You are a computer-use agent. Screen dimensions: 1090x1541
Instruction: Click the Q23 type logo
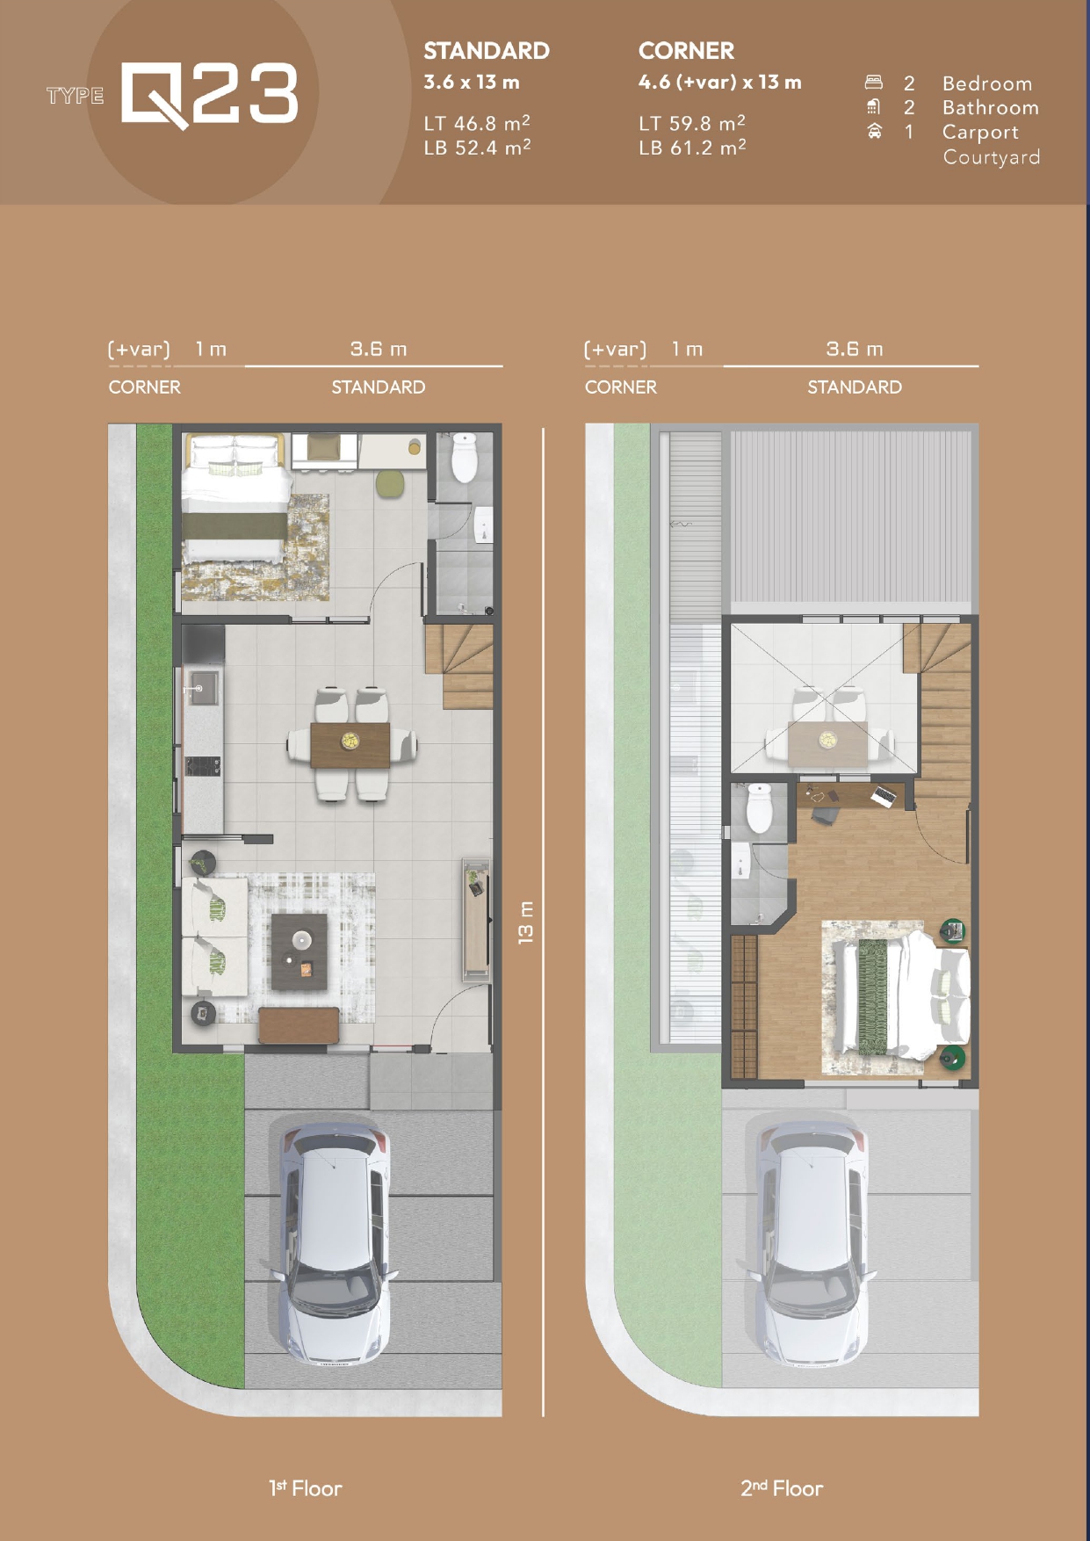click(x=209, y=95)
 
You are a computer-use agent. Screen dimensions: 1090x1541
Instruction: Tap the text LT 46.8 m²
click(x=477, y=122)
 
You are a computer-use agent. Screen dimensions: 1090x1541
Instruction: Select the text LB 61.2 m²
click(x=692, y=147)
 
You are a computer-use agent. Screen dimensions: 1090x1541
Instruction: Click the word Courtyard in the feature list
click(x=992, y=157)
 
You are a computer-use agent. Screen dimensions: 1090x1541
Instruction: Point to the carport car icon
click(x=874, y=132)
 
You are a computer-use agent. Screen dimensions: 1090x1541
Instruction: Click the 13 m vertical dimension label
click(x=525, y=922)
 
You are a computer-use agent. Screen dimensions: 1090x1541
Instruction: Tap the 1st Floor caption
click(x=306, y=1488)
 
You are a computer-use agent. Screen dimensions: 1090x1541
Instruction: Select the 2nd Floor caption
click(x=782, y=1488)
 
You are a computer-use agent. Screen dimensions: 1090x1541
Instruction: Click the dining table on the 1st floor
click(x=350, y=744)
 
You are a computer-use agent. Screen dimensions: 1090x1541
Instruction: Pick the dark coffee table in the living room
click(x=299, y=951)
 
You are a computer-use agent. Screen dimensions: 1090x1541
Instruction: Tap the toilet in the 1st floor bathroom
click(x=463, y=456)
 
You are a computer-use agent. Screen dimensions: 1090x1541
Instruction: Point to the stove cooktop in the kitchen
click(x=202, y=767)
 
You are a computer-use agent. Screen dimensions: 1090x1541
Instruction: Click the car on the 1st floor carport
click(x=336, y=1242)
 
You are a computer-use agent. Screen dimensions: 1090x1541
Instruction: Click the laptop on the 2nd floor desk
click(x=884, y=797)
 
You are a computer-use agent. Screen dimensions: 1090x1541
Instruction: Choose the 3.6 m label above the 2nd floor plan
click(x=854, y=349)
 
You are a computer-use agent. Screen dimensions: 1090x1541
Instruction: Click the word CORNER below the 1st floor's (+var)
click(x=144, y=387)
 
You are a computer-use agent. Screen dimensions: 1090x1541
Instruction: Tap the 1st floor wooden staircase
click(x=458, y=665)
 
